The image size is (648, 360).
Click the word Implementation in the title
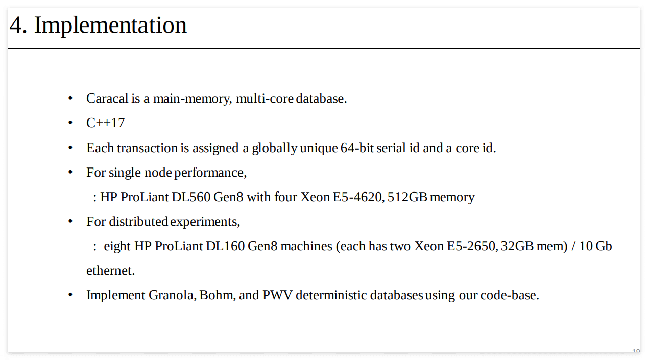(x=110, y=26)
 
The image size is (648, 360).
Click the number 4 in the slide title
(x=17, y=26)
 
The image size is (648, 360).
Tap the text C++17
(x=106, y=123)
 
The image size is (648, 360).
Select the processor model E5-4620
(x=357, y=197)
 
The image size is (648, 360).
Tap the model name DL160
(x=225, y=246)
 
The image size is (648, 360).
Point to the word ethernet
(x=110, y=271)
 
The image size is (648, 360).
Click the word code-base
(x=509, y=295)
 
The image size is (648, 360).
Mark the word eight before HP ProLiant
(x=117, y=246)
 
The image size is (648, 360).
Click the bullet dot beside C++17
(x=71, y=123)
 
